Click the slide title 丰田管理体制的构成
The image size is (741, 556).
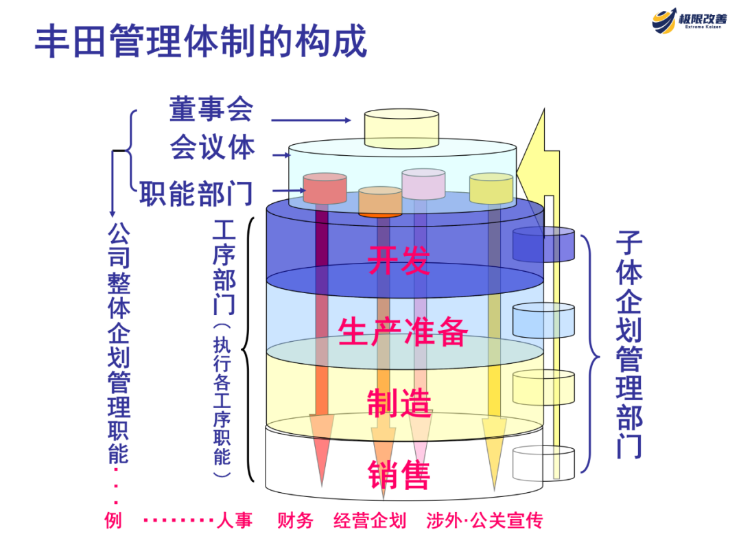coord(201,42)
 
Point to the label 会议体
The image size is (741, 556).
coord(213,147)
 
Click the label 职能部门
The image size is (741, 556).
coord(196,193)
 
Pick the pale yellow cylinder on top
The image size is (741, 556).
coord(401,126)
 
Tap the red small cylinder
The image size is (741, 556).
coord(325,188)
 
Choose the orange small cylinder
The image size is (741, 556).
coord(380,201)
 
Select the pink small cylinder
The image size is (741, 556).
coord(423,183)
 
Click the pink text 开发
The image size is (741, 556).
coord(398,259)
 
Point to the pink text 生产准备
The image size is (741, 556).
coord(403,332)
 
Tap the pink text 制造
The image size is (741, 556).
coord(399,403)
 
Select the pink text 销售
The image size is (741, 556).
coord(399,474)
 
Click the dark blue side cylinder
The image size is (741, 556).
coord(543,245)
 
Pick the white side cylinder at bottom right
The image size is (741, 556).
coord(543,463)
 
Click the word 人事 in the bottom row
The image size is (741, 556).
coord(235,520)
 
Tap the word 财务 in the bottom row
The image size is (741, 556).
coord(295,520)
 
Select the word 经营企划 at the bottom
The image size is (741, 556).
coord(370,520)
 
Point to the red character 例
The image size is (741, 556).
coord(114,520)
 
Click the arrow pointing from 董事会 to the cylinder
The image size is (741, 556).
coord(312,120)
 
